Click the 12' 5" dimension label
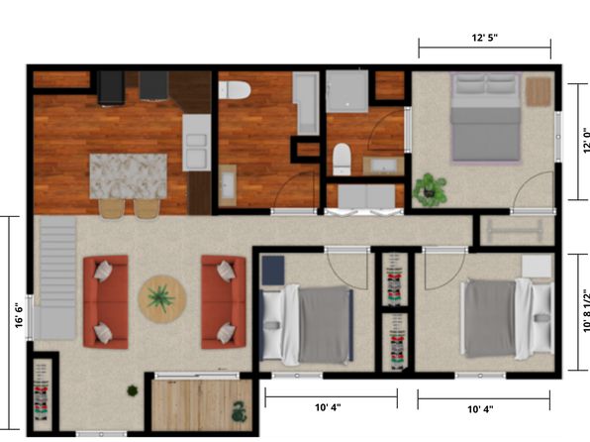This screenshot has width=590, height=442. [x=485, y=38]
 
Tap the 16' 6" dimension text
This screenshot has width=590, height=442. [x=19, y=316]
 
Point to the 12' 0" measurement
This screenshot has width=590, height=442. [x=586, y=142]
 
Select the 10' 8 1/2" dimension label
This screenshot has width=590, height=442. [x=586, y=311]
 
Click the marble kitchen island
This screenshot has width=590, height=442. [x=129, y=176]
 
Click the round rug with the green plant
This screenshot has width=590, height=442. [x=161, y=299]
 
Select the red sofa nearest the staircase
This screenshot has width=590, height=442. [x=106, y=302]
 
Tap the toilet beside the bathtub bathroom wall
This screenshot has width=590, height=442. [x=235, y=90]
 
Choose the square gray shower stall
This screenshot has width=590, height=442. [x=346, y=91]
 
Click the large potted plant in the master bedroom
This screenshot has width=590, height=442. [x=430, y=190]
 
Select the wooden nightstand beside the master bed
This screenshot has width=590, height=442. [x=539, y=91]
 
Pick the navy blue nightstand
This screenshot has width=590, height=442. [x=273, y=271]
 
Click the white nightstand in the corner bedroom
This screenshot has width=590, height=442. [x=537, y=267]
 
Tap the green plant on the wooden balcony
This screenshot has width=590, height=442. [x=240, y=411]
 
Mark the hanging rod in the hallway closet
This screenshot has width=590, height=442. [x=515, y=231]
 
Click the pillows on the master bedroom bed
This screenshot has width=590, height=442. [x=486, y=83]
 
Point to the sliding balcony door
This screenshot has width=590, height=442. [x=197, y=376]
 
